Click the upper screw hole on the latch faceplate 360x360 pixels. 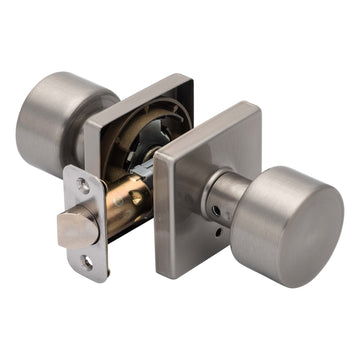coord(84,186)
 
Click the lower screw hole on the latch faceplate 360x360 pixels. coord(88,262)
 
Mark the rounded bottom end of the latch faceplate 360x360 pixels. coord(91,274)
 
